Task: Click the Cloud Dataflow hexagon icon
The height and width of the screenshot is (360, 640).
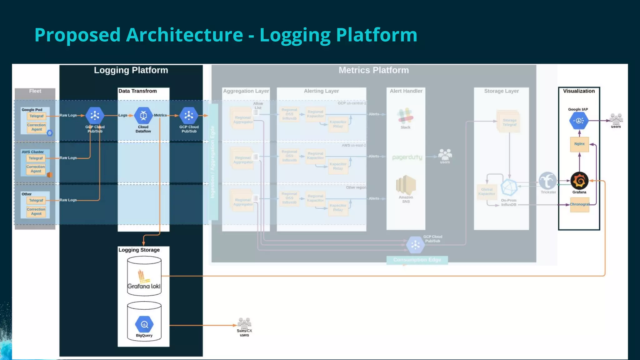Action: pos(143,116)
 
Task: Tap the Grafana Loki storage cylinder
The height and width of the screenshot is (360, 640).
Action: pos(144,276)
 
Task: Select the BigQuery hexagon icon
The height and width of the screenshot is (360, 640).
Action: pos(144,325)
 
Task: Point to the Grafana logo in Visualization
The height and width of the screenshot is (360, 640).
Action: pos(579,181)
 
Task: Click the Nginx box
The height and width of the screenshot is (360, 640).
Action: pos(579,144)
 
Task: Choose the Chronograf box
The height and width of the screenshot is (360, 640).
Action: pos(579,204)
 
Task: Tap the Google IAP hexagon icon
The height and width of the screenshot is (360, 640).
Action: pos(579,121)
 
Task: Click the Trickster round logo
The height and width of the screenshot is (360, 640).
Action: pos(547,181)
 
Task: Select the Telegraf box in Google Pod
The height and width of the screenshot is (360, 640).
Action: pos(37,116)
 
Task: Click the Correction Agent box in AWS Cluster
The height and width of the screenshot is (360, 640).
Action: pos(36,169)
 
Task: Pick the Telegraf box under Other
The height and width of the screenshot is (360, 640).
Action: pos(36,200)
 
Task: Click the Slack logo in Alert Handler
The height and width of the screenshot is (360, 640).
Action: pos(405,116)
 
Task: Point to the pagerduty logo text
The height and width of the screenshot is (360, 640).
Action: pos(407,157)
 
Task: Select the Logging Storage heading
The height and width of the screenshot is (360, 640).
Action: pos(139,250)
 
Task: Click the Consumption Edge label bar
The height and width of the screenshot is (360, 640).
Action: pos(417,260)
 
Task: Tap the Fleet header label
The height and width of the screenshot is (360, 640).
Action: pos(35,91)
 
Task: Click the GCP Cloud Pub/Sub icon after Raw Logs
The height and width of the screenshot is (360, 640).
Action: pos(95,116)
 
